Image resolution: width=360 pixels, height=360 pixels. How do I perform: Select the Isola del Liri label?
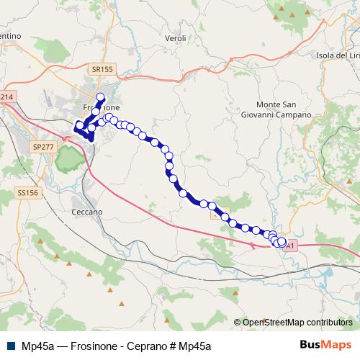pyautogui.click(x=337, y=55)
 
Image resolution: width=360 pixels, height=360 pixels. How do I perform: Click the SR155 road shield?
pyautogui.click(x=102, y=69)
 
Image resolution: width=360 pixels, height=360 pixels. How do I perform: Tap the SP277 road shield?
pyautogui.click(x=43, y=145)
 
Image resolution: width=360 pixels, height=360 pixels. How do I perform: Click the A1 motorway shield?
pyautogui.click(x=289, y=246)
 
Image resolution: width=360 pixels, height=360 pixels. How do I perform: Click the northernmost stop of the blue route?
pyautogui.click(x=100, y=97)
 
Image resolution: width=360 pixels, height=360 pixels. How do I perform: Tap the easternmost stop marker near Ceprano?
pyautogui.click(x=282, y=242)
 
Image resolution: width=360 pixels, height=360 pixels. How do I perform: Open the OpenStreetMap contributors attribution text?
pyautogui.click(x=297, y=323)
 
